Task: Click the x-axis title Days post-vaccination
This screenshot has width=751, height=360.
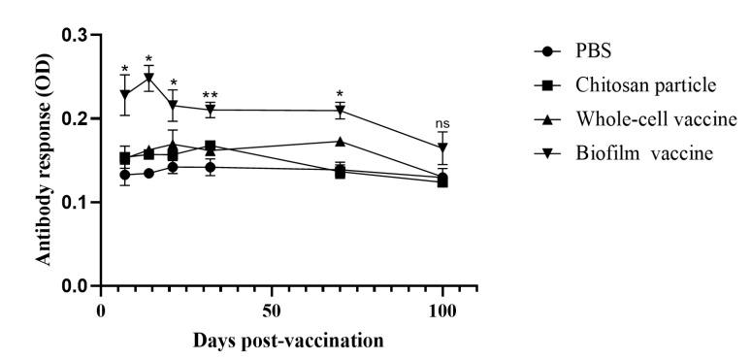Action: [x=274, y=341]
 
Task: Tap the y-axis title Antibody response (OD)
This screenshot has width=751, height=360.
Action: [x=44, y=160]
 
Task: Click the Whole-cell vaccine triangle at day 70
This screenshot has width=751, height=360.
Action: [x=340, y=141]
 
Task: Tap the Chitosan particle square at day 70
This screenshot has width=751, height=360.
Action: [x=340, y=173]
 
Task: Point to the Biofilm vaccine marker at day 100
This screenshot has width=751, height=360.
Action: [x=442, y=148]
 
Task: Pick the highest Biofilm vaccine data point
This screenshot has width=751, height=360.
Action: [x=148, y=78]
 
